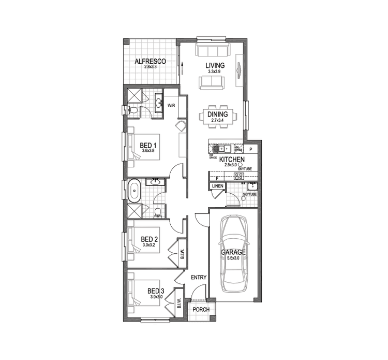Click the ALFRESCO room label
(x=150, y=62)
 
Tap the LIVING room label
(x=215, y=65)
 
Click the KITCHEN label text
(x=231, y=160)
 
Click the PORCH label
(x=201, y=310)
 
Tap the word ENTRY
(x=198, y=278)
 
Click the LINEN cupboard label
(x=217, y=186)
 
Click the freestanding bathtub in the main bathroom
(x=135, y=191)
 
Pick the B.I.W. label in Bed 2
(x=182, y=253)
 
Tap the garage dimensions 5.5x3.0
(x=233, y=257)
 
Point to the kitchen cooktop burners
(x=239, y=177)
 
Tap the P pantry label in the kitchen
(x=250, y=149)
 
